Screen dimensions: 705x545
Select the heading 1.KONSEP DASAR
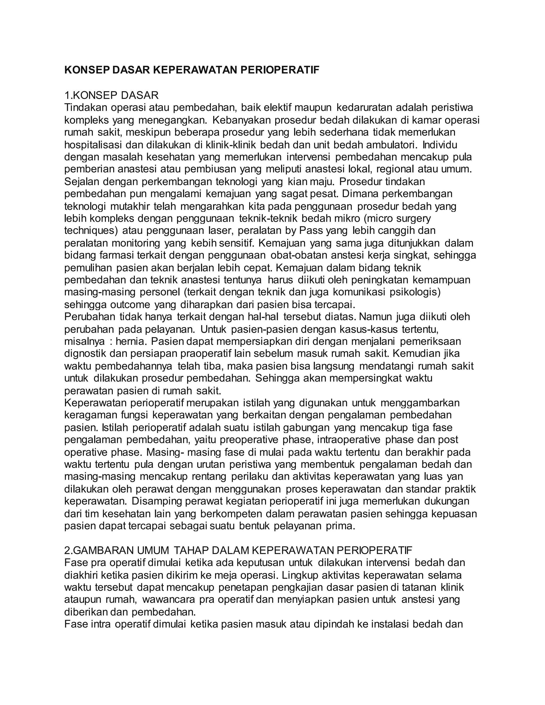(x=112, y=95)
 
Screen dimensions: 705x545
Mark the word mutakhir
(x=130, y=206)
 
